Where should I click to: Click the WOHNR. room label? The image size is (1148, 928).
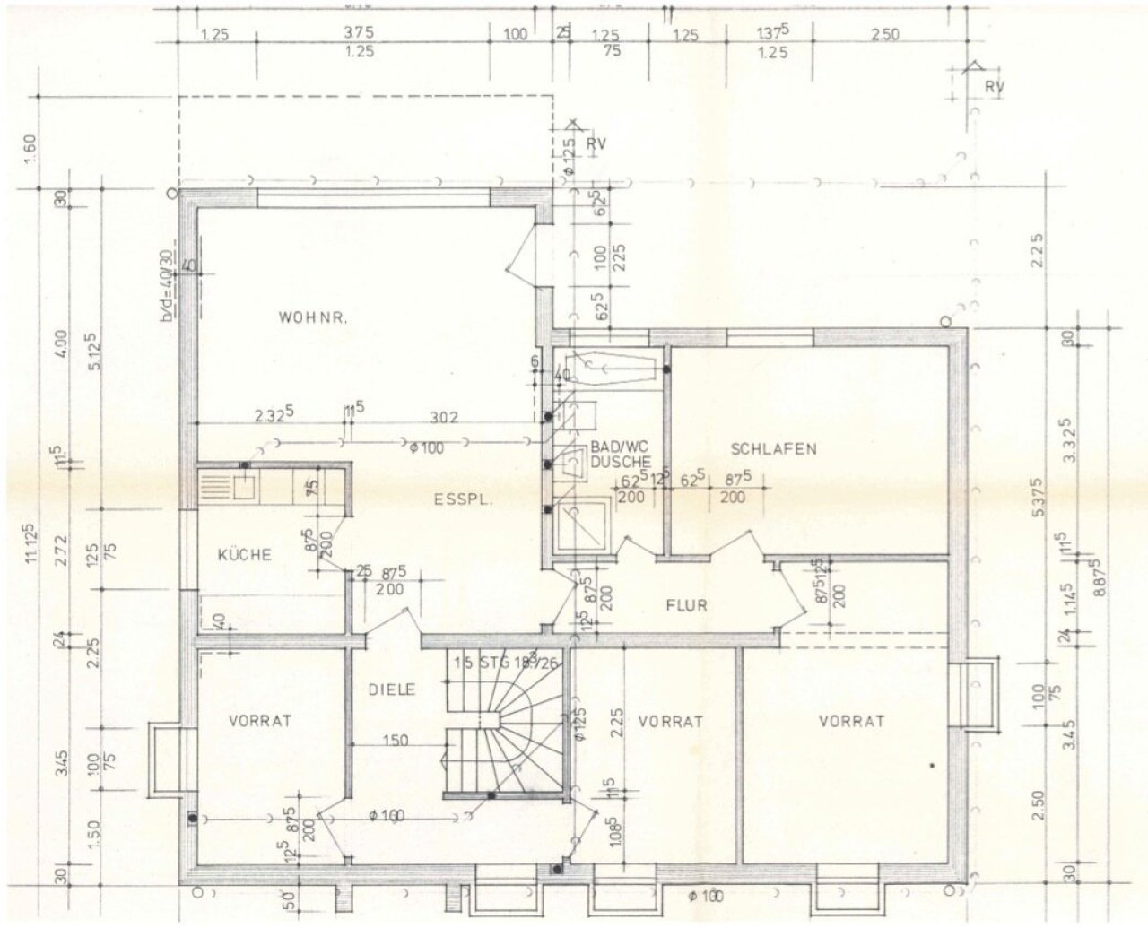click(x=313, y=317)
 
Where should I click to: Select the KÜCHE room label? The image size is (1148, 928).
click(x=244, y=555)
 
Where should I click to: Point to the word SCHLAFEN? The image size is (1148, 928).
click(x=773, y=448)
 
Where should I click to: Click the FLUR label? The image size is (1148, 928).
click(x=686, y=605)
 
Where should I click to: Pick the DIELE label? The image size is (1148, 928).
click(x=391, y=689)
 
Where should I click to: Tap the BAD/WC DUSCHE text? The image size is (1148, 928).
click(x=620, y=455)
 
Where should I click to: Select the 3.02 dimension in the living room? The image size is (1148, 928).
click(x=444, y=416)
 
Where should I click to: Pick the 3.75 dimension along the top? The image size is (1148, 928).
click(x=359, y=32)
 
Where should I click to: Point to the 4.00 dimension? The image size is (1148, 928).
click(x=59, y=344)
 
